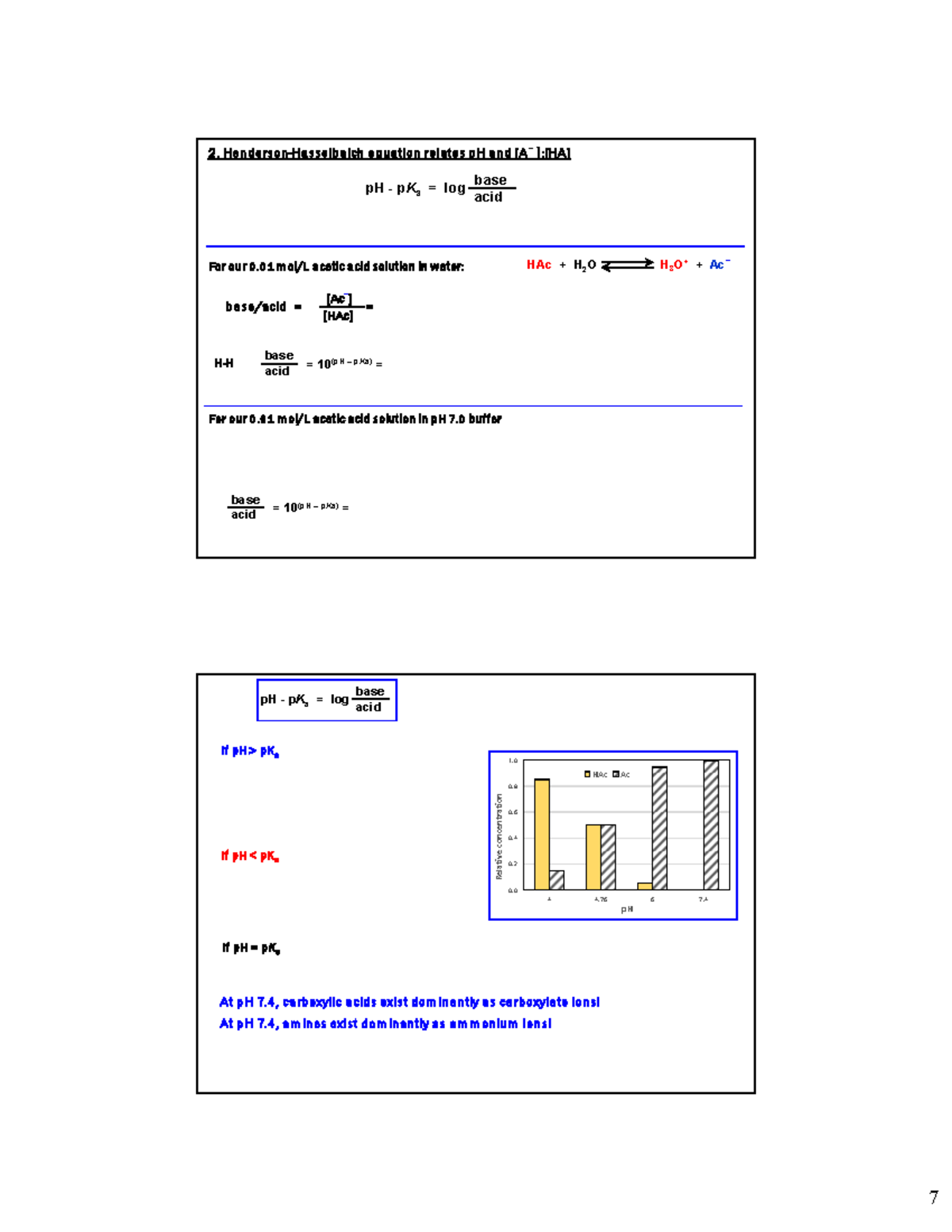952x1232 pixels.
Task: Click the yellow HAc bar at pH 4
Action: tap(542, 835)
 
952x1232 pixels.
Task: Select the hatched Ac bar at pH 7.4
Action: tap(711, 825)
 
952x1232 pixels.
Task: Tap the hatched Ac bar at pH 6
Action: tap(659, 828)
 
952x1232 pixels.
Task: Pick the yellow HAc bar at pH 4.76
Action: tap(593, 857)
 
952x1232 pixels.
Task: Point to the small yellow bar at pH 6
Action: tap(645, 886)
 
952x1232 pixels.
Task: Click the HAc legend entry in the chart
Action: tap(596, 774)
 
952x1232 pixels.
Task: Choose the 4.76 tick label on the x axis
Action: tap(601, 900)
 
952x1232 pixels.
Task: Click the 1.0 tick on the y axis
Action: tap(512, 761)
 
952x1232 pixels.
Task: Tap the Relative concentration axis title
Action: tap(499, 836)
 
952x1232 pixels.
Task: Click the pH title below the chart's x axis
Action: tap(627, 909)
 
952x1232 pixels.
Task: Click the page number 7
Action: tap(934, 1197)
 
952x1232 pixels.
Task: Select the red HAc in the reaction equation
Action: tap(539, 265)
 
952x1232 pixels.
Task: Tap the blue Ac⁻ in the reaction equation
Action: tap(719, 265)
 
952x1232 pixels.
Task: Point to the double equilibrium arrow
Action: tap(628, 265)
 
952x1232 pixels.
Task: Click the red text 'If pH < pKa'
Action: tap(250, 856)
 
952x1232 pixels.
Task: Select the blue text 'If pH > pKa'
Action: tap(250, 751)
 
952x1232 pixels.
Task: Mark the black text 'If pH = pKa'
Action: tap(251, 948)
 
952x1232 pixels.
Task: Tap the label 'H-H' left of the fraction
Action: tap(224, 363)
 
